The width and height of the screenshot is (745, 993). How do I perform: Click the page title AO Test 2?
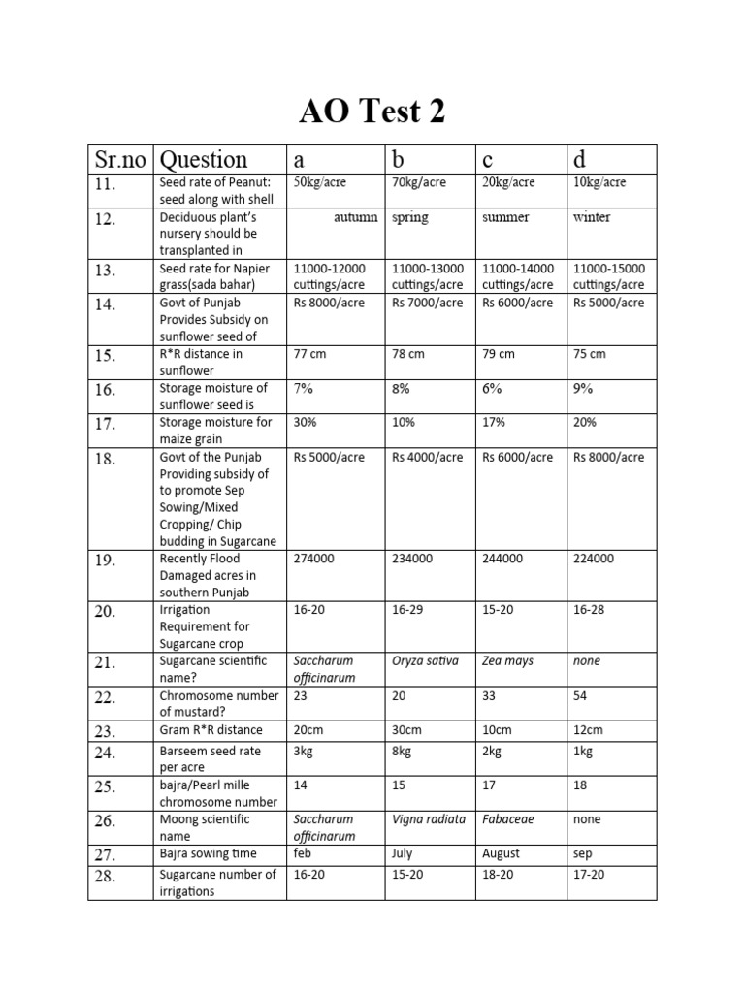[x=372, y=112]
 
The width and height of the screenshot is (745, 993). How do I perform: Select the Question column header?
[x=204, y=160]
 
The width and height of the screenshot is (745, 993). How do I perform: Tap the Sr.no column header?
[x=119, y=160]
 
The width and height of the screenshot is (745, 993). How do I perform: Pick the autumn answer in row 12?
[x=355, y=217]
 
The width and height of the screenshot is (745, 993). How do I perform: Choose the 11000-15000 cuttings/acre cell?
[x=608, y=276]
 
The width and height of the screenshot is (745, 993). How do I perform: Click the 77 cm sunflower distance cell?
[x=309, y=354]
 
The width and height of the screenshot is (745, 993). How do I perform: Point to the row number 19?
[x=106, y=561]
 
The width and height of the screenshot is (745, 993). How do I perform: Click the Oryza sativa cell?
[x=425, y=661]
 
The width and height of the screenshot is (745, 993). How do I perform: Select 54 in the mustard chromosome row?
[x=580, y=696]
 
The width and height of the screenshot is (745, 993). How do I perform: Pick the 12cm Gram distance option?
[x=587, y=730]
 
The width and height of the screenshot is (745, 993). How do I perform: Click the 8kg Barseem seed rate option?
[x=403, y=751]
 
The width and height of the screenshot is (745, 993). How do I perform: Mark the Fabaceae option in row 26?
[x=507, y=819]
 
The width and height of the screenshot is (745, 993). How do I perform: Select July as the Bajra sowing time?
[x=402, y=853]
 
